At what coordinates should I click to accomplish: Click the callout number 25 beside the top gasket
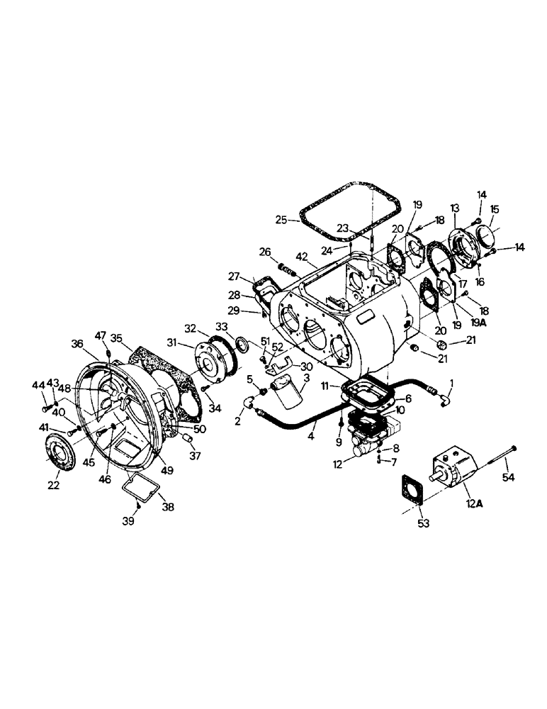pos(281,220)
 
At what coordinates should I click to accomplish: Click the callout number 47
pos(101,335)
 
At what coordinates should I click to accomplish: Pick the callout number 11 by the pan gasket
pos(325,386)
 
